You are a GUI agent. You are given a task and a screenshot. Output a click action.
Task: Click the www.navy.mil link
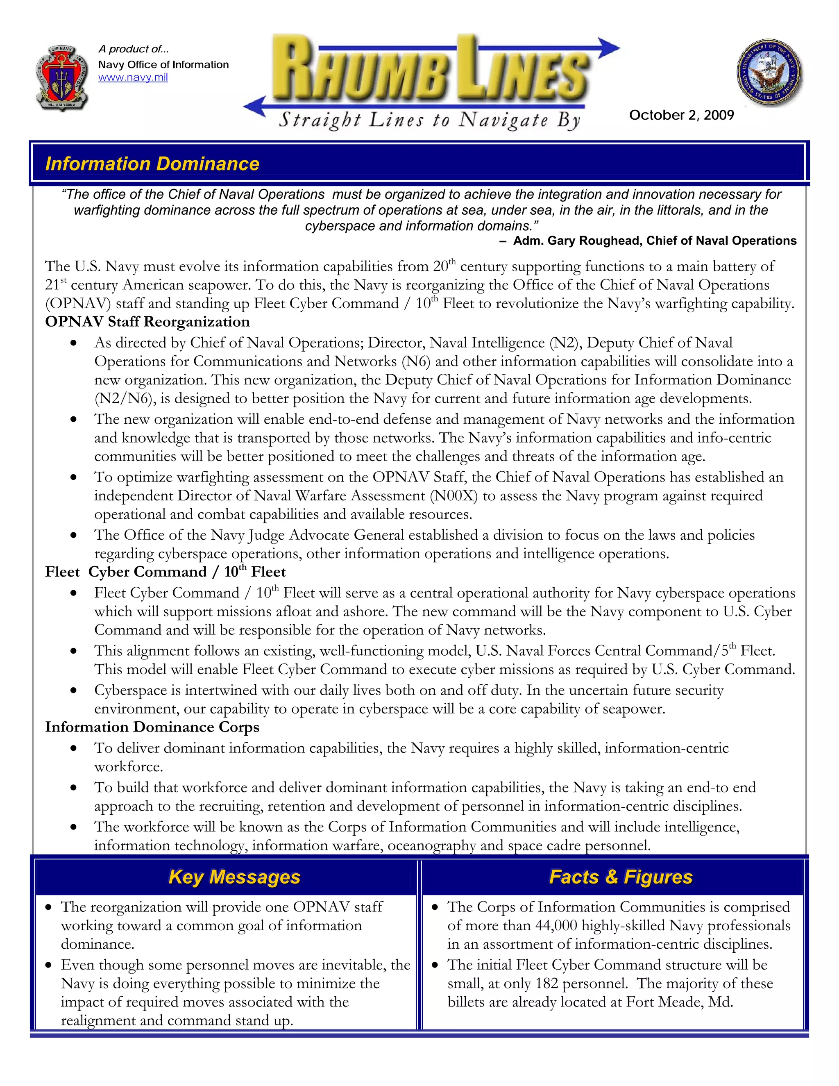(x=133, y=77)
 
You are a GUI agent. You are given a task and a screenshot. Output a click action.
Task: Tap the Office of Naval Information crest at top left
(x=63, y=77)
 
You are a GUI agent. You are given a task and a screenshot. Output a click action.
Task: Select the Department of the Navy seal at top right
(x=769, y=72)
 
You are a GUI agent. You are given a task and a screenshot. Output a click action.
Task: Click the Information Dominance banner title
(x=152, y=164)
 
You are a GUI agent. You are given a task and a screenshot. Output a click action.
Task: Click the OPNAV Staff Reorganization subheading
(x=147, y=322)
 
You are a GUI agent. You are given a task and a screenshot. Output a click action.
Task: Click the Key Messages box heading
(x=234, y=877)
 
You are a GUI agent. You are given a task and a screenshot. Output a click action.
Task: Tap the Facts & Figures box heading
(x=620, y=877)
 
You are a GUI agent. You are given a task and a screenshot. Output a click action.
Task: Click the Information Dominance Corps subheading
(x=152, y=727)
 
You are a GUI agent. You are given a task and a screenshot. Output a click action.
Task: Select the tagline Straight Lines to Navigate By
(x=429, y=120)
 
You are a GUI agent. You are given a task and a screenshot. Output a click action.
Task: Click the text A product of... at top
(x=134, y=49)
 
